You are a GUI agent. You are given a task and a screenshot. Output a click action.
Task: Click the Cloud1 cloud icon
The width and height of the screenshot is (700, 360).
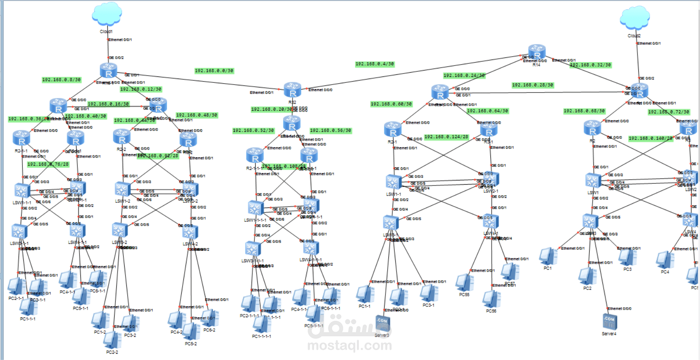107,14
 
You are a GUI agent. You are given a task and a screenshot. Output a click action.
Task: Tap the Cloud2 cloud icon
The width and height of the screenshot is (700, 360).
634,19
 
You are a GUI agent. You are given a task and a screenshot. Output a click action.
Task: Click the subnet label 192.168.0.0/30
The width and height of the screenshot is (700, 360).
214,71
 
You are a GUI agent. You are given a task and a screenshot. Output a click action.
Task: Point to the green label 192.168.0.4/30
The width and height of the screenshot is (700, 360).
375,64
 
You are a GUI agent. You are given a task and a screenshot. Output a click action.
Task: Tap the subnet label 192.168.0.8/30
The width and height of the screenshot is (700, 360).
61,79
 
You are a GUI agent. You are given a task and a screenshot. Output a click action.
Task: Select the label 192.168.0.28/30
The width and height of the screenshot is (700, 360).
533,85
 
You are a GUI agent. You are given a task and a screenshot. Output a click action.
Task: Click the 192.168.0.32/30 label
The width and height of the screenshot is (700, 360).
590,65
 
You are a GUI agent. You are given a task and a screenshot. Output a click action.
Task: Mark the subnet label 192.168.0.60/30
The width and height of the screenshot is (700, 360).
391,104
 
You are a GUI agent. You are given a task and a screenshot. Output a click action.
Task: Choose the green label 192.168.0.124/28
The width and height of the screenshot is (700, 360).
446,137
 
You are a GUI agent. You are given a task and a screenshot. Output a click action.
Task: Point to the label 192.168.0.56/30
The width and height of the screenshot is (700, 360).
331,131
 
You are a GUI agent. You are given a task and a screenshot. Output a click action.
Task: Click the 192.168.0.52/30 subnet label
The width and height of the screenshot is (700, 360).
253,131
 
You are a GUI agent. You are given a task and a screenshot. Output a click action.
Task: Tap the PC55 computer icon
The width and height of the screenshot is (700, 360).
464,283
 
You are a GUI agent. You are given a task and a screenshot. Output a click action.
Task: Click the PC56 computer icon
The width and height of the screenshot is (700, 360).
491,299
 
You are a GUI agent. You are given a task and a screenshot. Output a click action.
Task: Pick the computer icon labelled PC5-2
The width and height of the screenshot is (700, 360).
191,331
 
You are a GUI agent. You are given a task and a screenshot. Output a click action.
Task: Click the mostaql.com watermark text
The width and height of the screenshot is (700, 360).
350,346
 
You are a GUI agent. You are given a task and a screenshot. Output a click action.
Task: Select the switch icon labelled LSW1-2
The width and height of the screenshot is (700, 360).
122,189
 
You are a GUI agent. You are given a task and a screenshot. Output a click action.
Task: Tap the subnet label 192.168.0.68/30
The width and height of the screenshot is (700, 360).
584,111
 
